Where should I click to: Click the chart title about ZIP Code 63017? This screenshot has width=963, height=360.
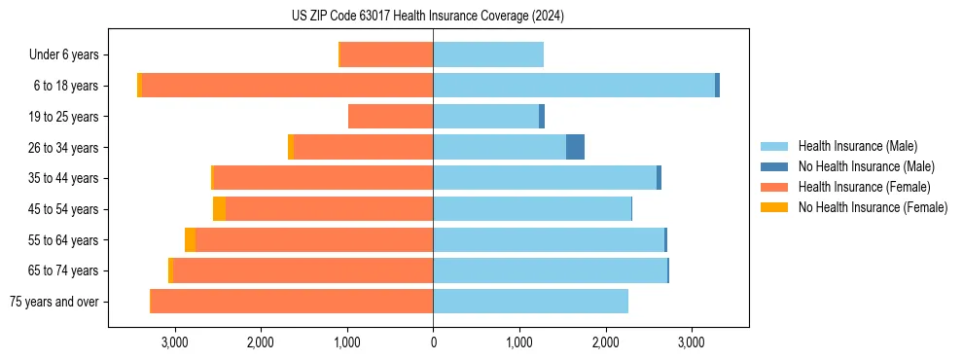(x=427, y=16)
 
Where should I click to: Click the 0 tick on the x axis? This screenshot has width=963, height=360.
(x=433, y=342)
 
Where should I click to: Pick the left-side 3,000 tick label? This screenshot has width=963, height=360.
(x=175, y=342)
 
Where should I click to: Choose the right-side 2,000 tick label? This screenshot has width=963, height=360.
(x=605, y=342)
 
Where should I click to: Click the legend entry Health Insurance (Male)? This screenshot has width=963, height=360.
(x=857, y=146)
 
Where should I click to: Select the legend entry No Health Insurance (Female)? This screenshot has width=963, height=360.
(x=873, y=207)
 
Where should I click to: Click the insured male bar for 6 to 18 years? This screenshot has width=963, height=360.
(x=574, y=86)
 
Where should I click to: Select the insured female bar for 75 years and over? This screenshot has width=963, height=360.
(x=292, y=302)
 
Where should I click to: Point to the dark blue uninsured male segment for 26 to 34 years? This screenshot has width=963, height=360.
(x=575, y=148)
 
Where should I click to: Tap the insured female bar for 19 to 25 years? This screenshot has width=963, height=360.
(x=390, y=117)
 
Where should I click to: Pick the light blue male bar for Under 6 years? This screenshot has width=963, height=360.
(x=488, y=55)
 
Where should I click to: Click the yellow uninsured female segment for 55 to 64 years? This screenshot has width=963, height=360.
(x=190, y=240)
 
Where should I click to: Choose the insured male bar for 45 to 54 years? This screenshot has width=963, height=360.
(x=532, y=209)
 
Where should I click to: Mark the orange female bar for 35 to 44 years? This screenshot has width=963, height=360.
(x=323, y=178)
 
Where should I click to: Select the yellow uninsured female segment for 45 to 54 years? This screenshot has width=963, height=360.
(x=219, y=209)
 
